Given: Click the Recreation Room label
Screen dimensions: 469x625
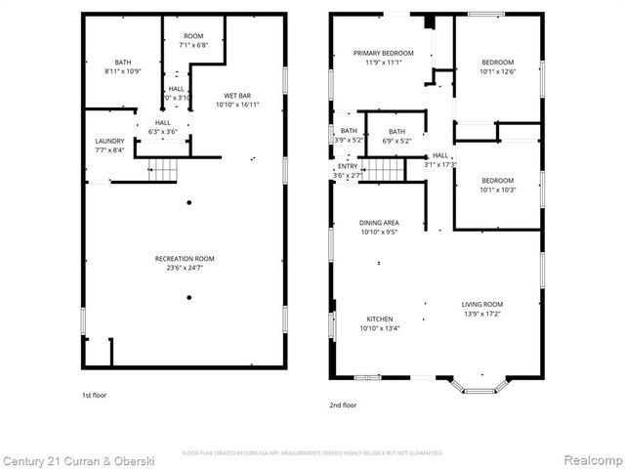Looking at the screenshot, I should [185, 258].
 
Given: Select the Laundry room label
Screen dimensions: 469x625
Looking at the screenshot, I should [109, 141].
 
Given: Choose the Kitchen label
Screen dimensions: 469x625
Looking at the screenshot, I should [380, 320].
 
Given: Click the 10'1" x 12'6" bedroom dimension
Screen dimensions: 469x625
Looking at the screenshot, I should [496, 71].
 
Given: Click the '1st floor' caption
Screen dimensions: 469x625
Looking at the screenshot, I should [94, 396].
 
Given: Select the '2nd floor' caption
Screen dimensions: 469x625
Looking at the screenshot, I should [343, 403].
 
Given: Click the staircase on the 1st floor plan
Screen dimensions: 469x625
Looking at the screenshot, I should [162, 172].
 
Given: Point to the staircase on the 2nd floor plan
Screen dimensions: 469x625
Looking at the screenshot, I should [384, 170].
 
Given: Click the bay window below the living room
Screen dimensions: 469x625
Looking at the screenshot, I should [479, 386].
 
